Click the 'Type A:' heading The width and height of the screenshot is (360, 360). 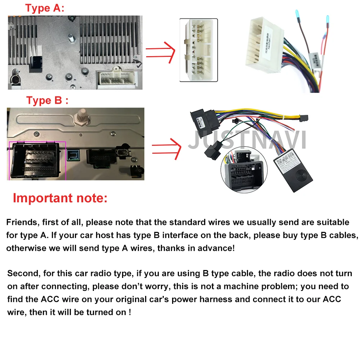coord(45,9)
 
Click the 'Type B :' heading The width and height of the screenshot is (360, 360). coord(47,100)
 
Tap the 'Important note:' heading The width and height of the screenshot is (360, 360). coord(60,198)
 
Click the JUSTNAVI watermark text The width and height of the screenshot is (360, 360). coord(247,140)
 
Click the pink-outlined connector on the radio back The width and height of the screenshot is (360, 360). coord(37,161)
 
